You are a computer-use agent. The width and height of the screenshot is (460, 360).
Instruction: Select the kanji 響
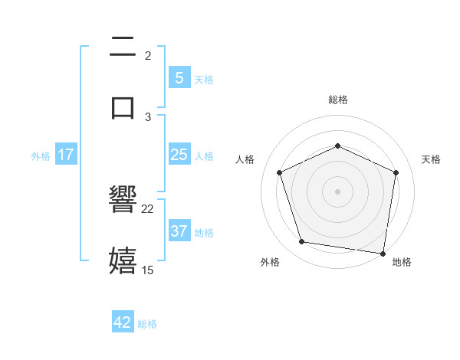(x=123, y=201)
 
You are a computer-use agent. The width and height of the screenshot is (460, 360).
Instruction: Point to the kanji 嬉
(x=123, y=260)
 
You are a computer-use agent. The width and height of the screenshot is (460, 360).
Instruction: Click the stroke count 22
(x=148, y=208)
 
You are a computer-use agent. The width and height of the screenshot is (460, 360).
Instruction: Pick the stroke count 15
(x=148, y=270)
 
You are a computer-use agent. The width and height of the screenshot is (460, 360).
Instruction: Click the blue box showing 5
(x=179, y=77)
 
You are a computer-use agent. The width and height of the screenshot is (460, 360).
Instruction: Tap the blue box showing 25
(x=179, y=155)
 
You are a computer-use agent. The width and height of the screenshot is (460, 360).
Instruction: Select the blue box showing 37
(x=179, y=231)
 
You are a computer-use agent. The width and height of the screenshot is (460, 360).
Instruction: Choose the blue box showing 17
(x=66, y=155)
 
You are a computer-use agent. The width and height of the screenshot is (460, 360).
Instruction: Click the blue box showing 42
(x=123, y=322)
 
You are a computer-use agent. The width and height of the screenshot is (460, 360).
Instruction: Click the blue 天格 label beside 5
(x=204, y=79)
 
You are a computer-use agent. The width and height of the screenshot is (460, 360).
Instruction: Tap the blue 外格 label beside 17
(x=41, y=155)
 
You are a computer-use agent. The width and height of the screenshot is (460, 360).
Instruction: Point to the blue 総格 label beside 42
(x=147, y=324)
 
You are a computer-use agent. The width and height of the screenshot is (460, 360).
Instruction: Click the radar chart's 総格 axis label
(x=337, y=100)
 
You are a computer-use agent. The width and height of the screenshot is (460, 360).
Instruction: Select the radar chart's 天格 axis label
(x=431, y=159)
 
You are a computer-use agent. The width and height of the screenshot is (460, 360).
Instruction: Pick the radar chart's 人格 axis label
(x=245, y=159)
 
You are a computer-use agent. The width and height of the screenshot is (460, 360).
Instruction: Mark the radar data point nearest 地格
(x=383, y=253)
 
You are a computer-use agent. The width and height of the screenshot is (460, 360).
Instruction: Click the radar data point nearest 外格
(x=302, y=242)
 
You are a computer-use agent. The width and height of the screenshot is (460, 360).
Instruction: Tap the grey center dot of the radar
(x=337, y=191)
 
